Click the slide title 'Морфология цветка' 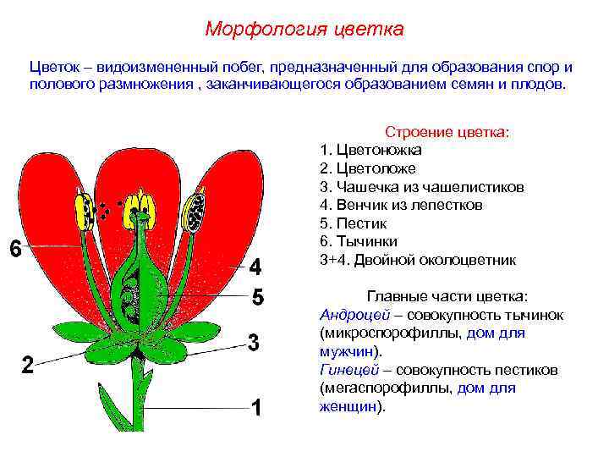pyautogui.click(x=304, y=30)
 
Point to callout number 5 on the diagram pyautogui.click(x=259, y=298)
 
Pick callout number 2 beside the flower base pyautogui.click(x=28, y=366)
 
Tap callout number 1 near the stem pyautogui.click(x=259, y=408)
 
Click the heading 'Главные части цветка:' pyautogui.click(x=447, y=296)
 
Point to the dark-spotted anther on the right pyautogui.click(x=197, y=210)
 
